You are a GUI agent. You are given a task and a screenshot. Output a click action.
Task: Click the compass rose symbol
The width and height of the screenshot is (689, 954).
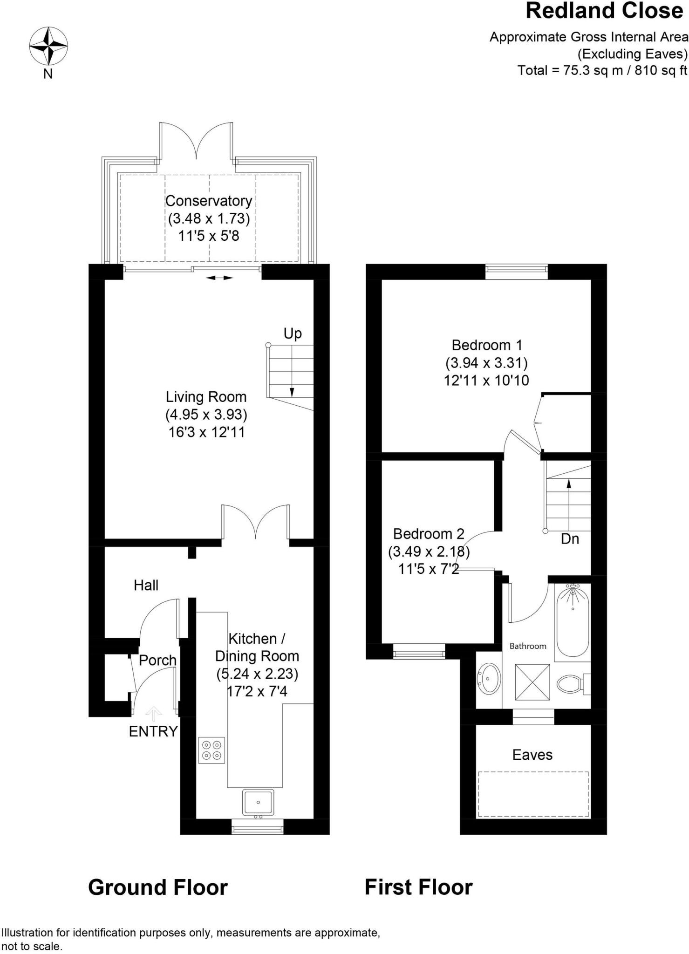point(48,46)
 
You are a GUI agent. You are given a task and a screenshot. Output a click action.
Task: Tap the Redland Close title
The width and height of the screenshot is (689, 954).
point(604,11)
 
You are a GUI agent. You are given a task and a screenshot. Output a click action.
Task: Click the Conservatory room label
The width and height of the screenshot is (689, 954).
point(208,201)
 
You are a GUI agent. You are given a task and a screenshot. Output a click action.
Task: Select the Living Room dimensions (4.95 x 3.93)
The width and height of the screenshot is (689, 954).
point(206,414)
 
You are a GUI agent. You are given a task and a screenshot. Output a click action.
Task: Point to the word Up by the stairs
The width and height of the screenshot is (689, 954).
point(293,334)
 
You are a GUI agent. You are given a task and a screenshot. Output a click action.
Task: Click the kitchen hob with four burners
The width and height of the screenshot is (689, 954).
point(211,750)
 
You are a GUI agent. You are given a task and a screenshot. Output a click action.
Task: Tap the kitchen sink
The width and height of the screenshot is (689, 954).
point(258,802)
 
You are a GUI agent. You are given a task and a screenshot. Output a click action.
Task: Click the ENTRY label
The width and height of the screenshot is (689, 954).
point(153,731)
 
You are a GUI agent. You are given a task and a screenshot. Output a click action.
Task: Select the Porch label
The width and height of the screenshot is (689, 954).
point(157,660)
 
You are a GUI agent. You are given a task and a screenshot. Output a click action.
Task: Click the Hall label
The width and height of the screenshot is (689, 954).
point(146,585)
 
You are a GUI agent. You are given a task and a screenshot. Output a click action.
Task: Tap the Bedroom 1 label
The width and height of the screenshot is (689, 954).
point(487,345)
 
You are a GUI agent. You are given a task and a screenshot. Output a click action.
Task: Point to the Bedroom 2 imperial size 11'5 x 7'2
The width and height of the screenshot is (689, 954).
point(429,569)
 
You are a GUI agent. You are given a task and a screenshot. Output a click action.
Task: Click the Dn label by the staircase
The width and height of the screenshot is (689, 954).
point(570,539)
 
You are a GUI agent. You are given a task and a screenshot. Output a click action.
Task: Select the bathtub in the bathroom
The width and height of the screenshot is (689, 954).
point(573,620)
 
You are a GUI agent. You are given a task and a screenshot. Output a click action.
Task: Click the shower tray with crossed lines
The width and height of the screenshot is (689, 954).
point(532,682)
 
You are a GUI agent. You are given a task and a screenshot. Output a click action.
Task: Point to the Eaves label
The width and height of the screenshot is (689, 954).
point(532,755)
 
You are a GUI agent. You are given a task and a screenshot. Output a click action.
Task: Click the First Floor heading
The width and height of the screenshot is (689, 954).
point(418,887)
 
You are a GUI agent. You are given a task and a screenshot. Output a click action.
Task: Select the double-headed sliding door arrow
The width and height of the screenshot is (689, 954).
point(219,278)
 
